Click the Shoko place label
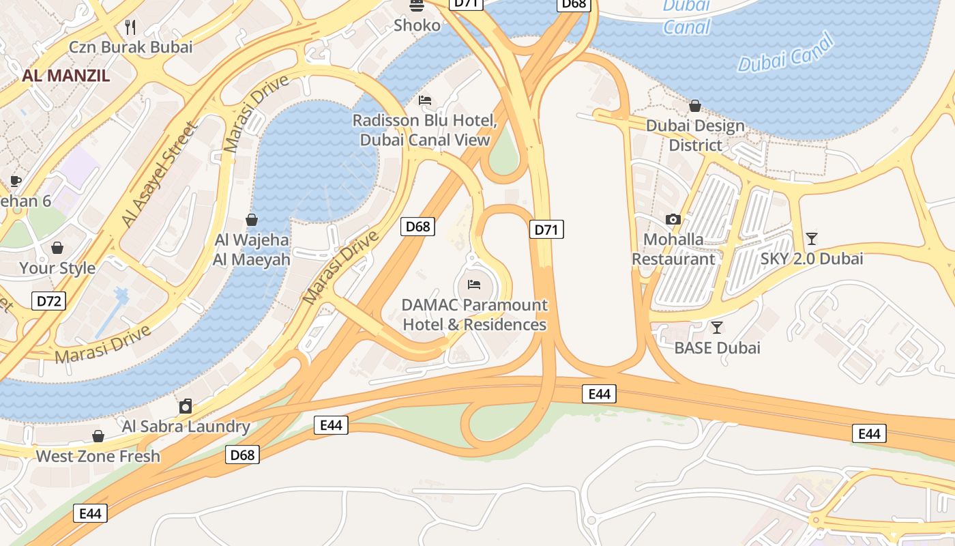coord(417,25)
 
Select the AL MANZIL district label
coord(65,76)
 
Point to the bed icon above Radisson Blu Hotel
coord(425,100)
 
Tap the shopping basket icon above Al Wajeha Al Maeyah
coord(252,220)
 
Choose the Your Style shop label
coord(57,268)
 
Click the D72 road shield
coord(48,300)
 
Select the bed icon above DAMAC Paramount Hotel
coord(474,284)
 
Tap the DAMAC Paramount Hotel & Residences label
coord(475,315)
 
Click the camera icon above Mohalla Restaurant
coord(673,219)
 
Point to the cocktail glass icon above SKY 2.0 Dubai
coord(812,238)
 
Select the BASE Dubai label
coord(717,348)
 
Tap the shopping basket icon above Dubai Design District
coord(695,106)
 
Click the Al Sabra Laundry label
coord(186,427)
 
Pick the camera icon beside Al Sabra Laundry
coord(186,407)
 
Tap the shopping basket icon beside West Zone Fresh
coord(98,436)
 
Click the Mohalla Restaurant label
coord(673,249)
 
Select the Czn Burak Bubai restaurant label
coord(131,47)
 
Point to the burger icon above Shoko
coord(417,5)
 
